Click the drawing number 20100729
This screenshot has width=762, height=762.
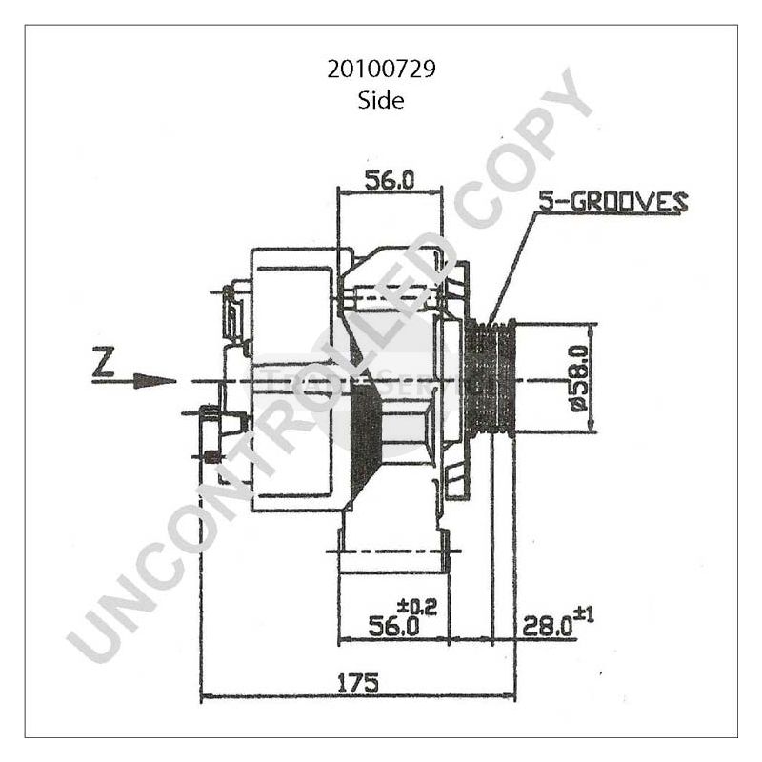click(x=380, y=70)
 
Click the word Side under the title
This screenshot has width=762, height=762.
click(x=380, y=100)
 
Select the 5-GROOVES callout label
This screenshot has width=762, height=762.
click(x=612, y=201)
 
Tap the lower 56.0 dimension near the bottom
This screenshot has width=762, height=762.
click(x=393, y=626)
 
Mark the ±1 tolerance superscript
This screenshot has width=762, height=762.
click(x=583, y=615)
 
